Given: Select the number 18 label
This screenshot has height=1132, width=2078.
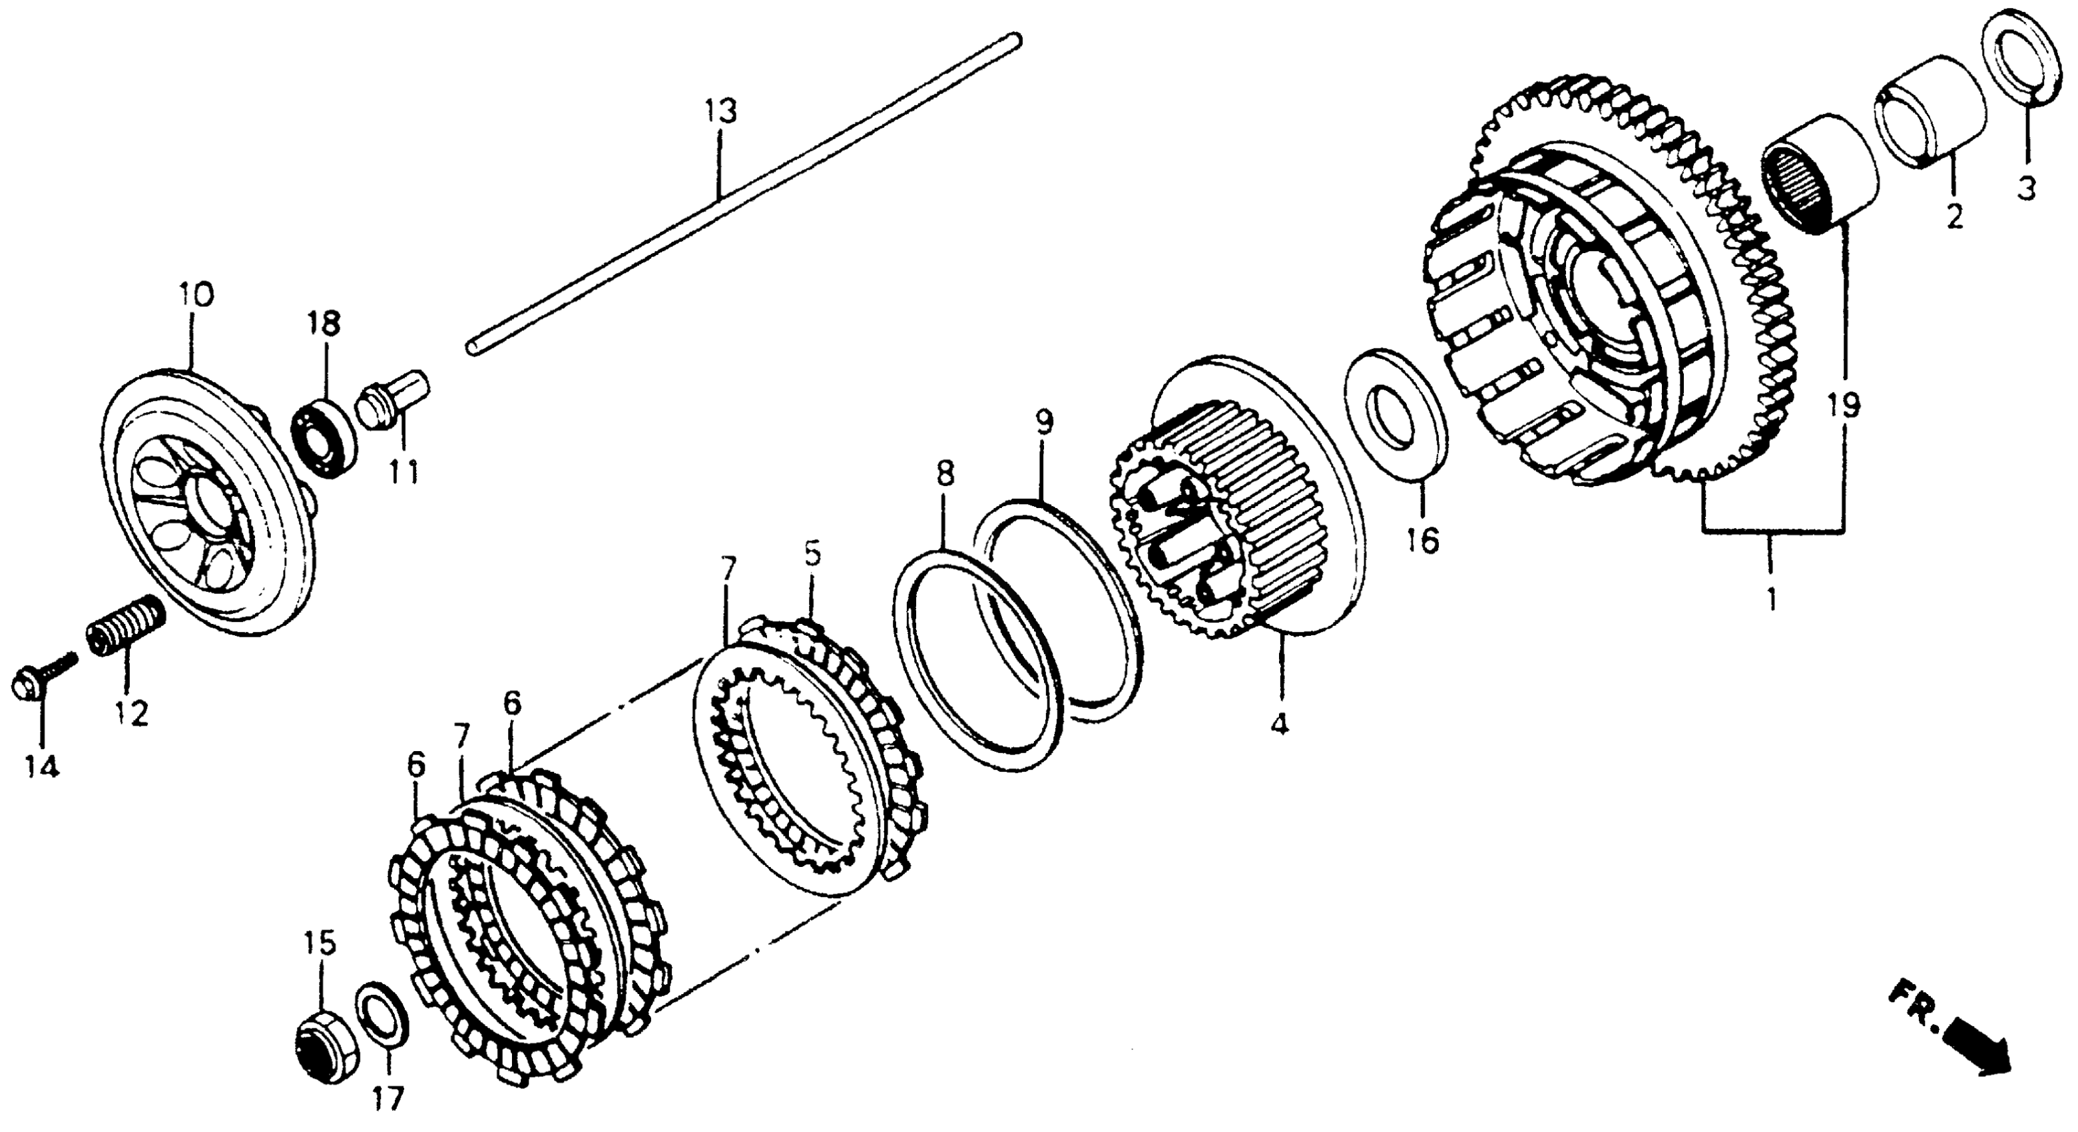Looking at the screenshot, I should [324, 324].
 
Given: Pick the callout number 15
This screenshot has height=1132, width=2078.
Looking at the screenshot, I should [320, 943].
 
